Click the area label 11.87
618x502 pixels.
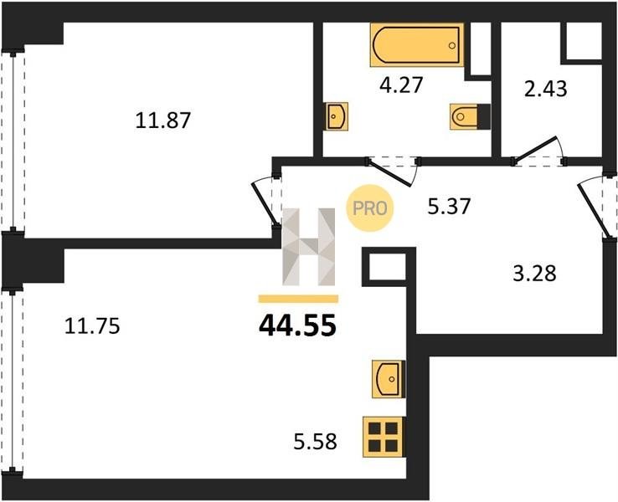[x=163, y=120]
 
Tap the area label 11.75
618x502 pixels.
[x=92, y=326]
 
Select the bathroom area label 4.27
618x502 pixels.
[x=401, y=85]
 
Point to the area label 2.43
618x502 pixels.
[x=546, y=89]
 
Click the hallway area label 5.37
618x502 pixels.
[x=450, y=206]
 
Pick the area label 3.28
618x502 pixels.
[x=534, y=274]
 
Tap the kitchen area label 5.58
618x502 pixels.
[x=316, y=442]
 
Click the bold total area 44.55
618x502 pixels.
[x=297, y=326]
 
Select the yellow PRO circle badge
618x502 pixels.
[x=369, y=207]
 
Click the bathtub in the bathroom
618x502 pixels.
[x=417, y=45]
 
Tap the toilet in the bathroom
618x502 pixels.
[x=470, y=116]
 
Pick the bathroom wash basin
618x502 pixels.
[x=336, y=116]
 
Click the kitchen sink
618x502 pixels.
[x=389, y=379]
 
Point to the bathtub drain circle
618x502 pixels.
[x=452, y=45]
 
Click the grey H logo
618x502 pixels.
[x=309, y=247]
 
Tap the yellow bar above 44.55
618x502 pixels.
[x=298, y=299]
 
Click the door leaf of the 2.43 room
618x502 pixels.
[x=535, y=149]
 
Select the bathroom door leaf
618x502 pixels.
[x=389, y=172]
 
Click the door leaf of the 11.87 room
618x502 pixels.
[x=263, y=205]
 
